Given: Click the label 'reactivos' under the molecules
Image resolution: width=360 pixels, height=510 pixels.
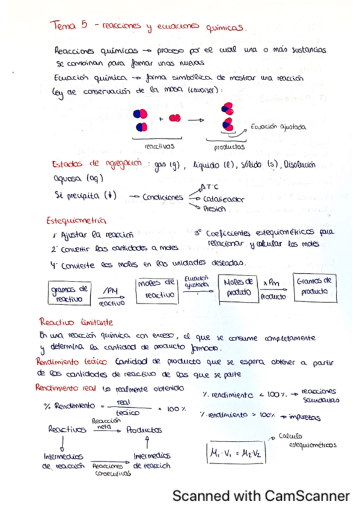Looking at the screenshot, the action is coord(159,146).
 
